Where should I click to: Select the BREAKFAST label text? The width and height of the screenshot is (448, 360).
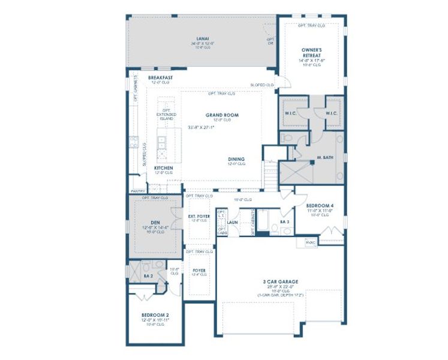coord(161,78)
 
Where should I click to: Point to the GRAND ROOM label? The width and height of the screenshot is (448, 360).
coord(222,115)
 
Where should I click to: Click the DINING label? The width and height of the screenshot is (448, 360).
coord(236,159)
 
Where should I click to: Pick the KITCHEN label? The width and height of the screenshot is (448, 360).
coord(164,168)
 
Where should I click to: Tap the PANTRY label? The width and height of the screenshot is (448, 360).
coord(137,191)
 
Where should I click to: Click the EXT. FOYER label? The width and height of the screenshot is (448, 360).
coord(199,216)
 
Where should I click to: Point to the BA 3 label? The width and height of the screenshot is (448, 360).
coord(285,222)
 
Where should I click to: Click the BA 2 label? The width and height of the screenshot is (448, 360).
coord(148,276)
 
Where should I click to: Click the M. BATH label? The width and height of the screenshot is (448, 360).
coord(324,158)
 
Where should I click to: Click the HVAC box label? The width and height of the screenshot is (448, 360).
coord(310,242)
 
